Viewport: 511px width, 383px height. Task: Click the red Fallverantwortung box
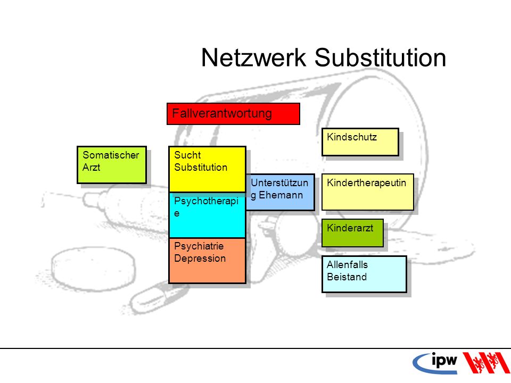coord(233,114)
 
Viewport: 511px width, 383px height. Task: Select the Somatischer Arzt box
coord(112,165)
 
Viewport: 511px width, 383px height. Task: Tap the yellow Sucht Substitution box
coord(207,169)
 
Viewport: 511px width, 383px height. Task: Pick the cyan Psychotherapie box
coord(207,215)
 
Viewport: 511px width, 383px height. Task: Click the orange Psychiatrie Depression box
coord(207,261)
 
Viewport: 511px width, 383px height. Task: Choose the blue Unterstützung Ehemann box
coord(281,192)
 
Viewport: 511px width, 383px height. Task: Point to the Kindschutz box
coord(360,141)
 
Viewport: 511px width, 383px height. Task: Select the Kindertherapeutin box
coord(368,192)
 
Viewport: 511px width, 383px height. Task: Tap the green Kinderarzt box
coord(352,233)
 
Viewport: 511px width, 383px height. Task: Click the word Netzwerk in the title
coord(253,57)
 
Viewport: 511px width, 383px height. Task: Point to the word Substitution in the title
coord(380,57)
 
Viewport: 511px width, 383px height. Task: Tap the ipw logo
coord(435,363)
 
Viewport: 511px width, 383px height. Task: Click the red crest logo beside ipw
coord(485,362)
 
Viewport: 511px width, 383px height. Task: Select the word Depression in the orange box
coord(200,259)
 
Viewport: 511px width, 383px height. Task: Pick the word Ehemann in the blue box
coord(281,195)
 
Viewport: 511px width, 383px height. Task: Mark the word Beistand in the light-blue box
coord(347,277)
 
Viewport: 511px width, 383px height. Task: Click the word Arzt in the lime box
coord(91,168)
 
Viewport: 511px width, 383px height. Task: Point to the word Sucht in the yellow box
coord(187,155)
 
